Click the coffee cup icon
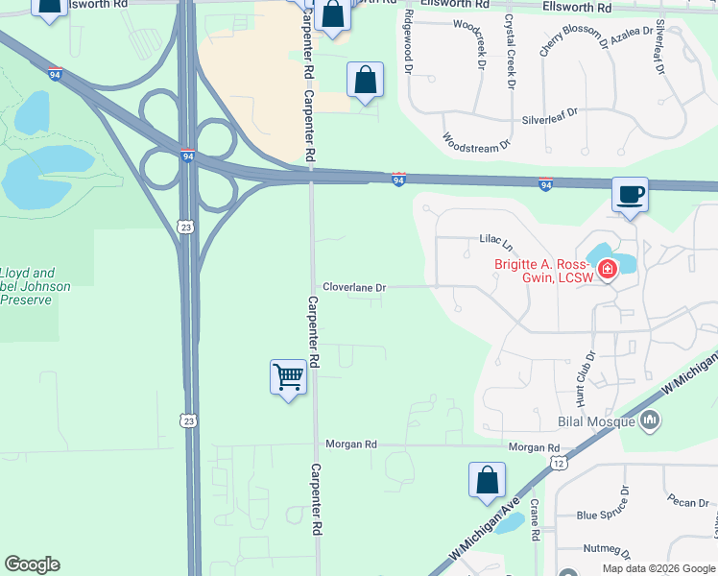pos(630,195)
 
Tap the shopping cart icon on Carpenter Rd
pos(288,377)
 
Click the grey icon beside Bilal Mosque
pos(651,420)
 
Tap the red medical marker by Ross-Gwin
pos(607,273)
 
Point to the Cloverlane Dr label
pos(354,287)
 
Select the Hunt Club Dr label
pos(584,375)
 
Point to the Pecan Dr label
pos(690,502)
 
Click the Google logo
pos(32,564)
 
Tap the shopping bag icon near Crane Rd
pos(487,480)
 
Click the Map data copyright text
pos(658,567)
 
